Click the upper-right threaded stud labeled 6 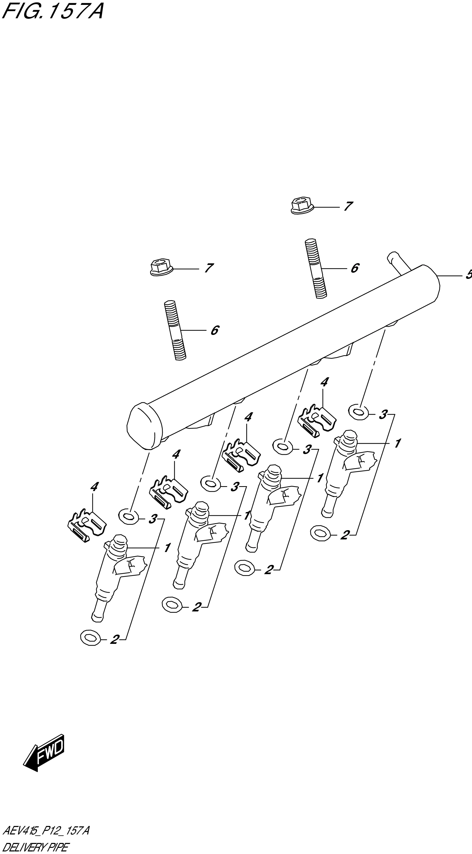315,269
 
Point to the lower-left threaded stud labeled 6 175,330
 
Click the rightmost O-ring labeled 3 358,412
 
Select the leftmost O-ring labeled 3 128,517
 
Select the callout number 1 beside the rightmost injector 397,443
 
